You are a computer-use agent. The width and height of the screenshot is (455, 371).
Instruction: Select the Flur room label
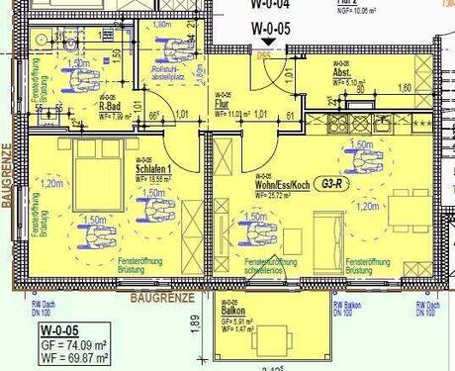[223, 103]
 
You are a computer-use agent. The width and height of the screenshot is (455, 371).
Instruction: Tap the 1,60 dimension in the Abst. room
[403, 88]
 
